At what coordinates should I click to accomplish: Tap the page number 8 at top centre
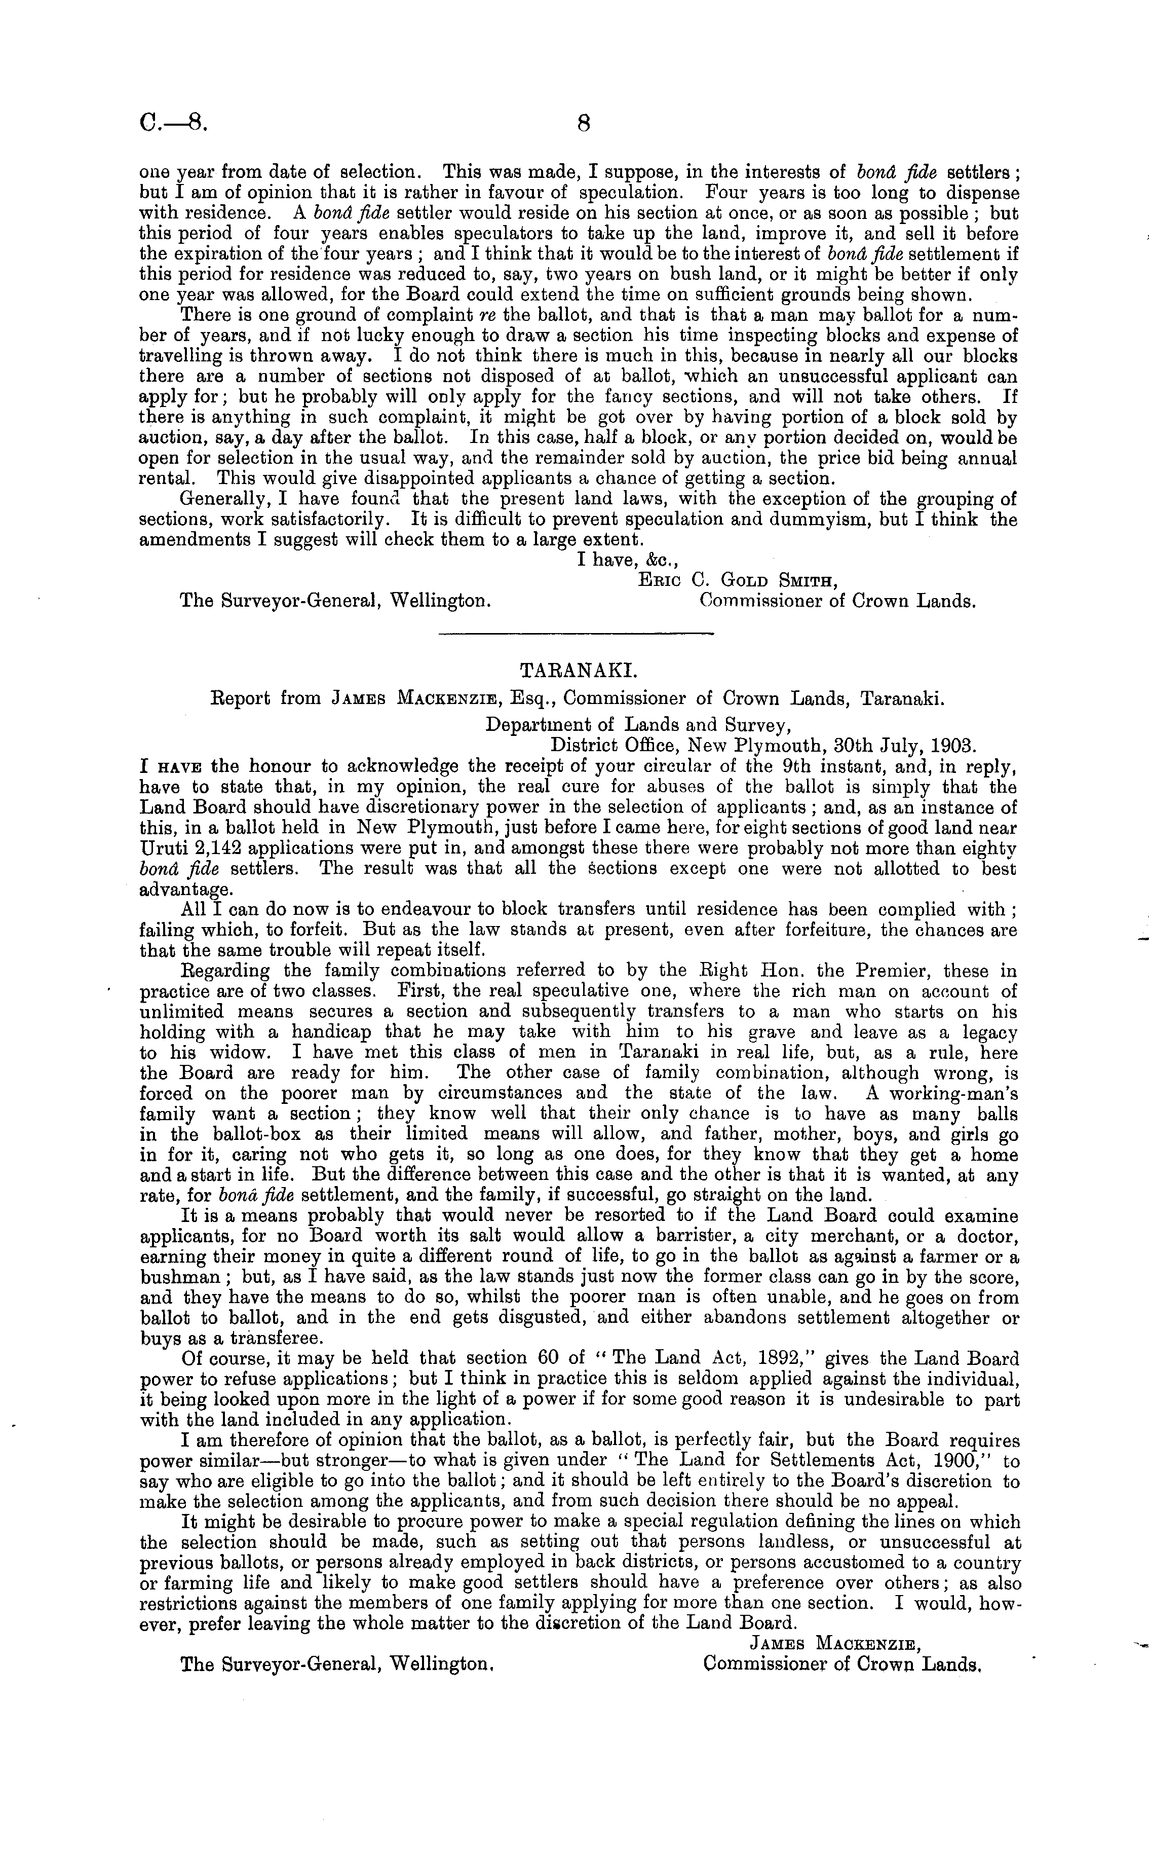click(x=584, y=124)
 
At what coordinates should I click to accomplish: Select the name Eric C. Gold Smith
click(x=738, y=581)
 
